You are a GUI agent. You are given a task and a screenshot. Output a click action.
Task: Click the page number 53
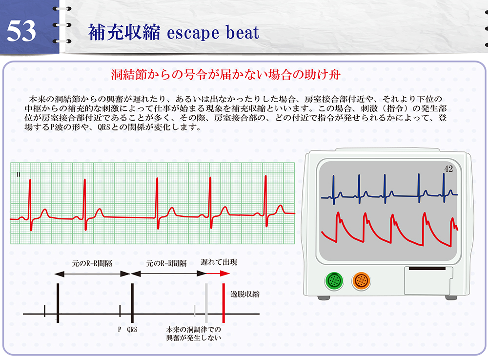pyautogui.click(x=21, y=31)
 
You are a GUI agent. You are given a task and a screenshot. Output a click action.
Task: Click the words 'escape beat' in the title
pyautogui.click(x=213, y=33)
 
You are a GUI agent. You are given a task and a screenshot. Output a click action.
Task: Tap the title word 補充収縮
pyautogui.click(x=124, y=32)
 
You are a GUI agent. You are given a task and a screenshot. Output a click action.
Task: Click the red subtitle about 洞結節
pyautogui.click(x=225, y=75)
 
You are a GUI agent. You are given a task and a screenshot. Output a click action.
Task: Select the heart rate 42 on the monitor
pyautogui.click(x=448, y=169)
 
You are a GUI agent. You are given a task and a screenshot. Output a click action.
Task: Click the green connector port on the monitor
pyautogui.click(x=334, y=280)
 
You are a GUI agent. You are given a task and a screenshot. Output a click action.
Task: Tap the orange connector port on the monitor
pyautogui.click(x=361, y=280)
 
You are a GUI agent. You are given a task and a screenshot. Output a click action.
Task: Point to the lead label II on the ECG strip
pyautogui.click(x=19, y=174)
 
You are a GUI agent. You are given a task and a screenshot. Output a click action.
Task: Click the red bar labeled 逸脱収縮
pyautogui.click(x=224, y=303)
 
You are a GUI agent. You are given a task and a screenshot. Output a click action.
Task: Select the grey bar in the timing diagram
pyautogui.click(x=206, y=303)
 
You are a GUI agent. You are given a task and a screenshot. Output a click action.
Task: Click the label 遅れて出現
pyautogui.click(x=219, y=262)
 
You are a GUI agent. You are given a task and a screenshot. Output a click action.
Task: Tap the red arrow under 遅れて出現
pyautogui.click(x=218, y=274)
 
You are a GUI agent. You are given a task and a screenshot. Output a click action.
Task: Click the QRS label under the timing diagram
pyautogui.click(x=132, y=330)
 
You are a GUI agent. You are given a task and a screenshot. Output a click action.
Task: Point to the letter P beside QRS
pyautogui.click(x=120, y=330)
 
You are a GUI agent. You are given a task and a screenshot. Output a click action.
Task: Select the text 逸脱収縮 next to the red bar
pyautogui.click(x=245, y=294)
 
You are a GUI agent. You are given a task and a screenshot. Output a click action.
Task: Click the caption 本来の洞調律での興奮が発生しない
pyautogui.click(x=194, y=334)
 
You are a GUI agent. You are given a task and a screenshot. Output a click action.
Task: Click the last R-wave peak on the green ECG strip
pyautogui.click(x=266, y=176)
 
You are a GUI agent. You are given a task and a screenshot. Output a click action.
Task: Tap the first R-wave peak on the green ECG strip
pyautogui.click(x=30, y=180)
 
